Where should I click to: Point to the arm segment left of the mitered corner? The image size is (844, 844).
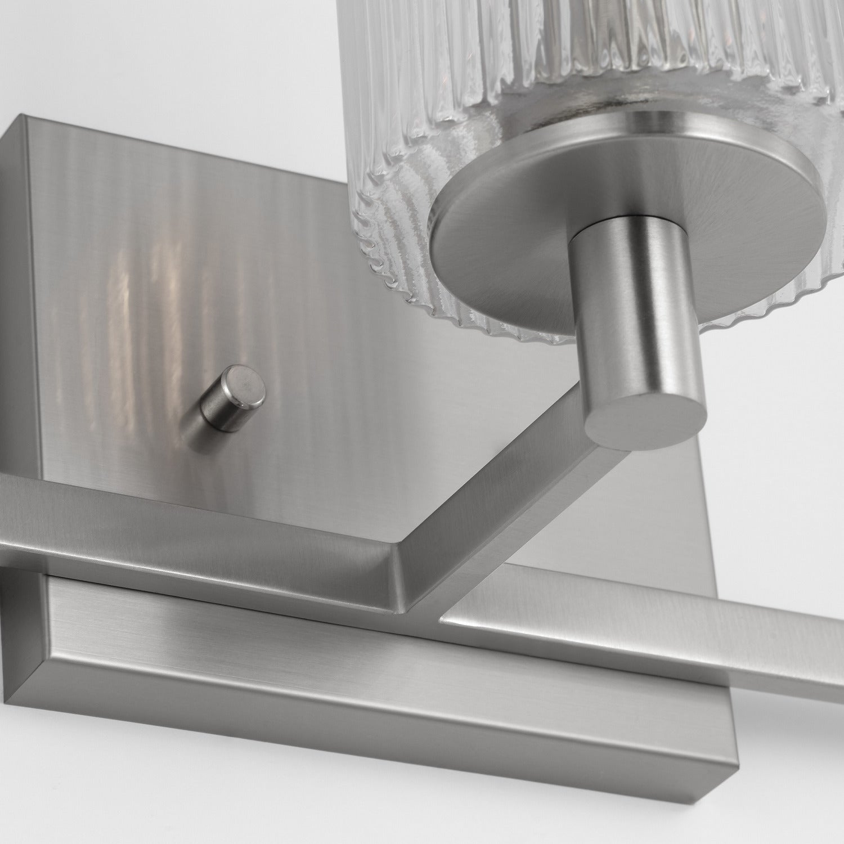(x=197, y=515)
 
